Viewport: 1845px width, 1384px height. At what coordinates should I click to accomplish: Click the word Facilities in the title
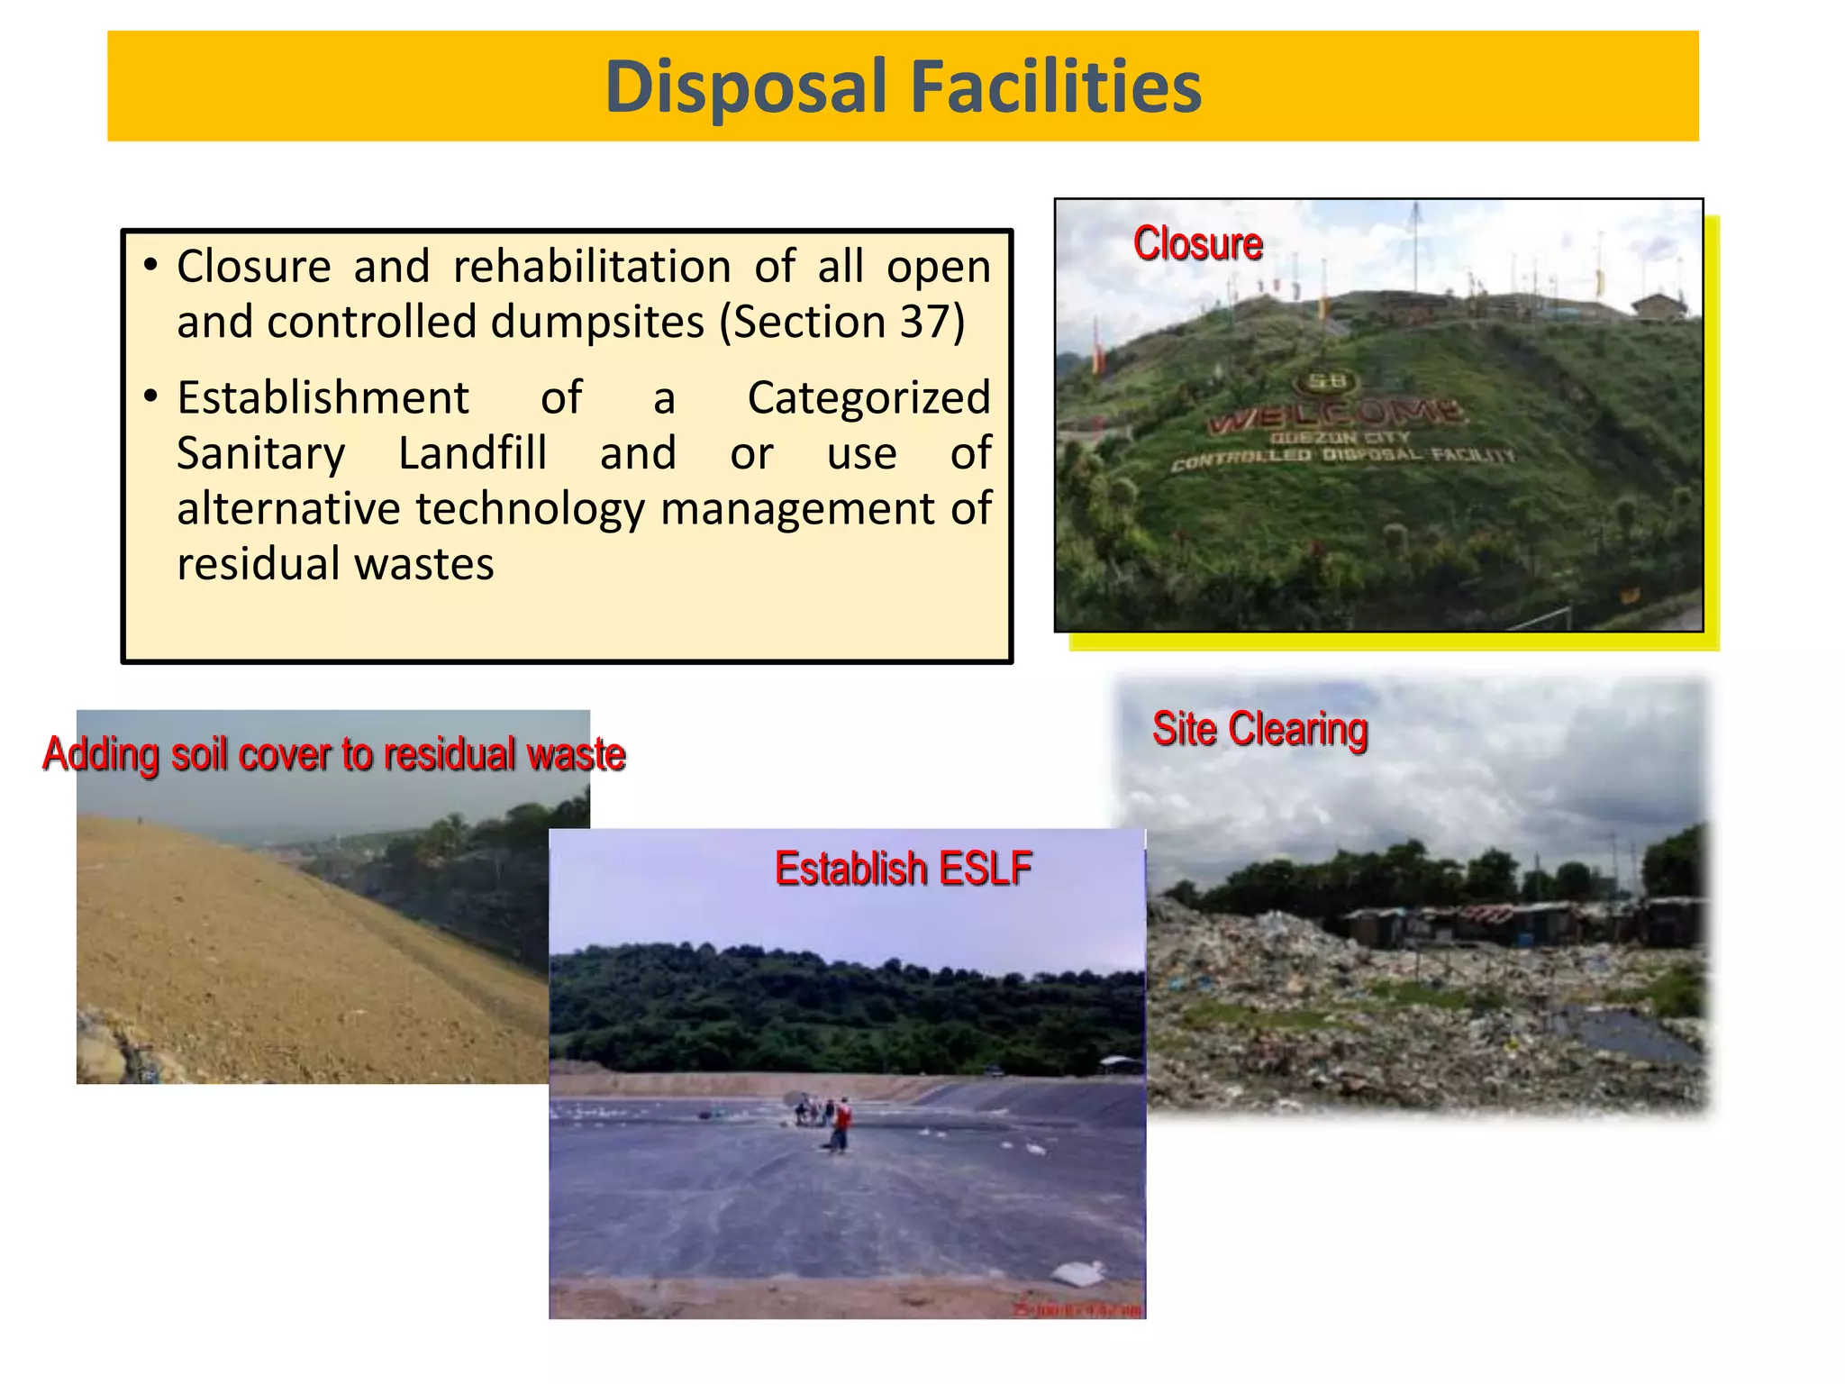coord(1055,87)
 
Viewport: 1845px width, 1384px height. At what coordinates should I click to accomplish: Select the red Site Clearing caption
coord(1259,729)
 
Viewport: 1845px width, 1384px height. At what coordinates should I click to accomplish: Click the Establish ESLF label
coord(903,869)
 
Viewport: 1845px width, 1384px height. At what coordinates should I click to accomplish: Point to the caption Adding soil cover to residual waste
coord(333,754)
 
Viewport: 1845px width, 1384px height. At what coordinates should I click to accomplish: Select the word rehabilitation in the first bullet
coord(591,267)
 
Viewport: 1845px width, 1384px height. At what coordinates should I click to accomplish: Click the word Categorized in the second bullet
coord(868,397)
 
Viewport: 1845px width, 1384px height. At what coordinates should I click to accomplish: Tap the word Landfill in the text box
coord(472,453)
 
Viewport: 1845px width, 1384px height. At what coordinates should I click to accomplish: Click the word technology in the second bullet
coord(531,509)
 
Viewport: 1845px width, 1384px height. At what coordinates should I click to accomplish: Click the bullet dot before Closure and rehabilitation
coord(150,266)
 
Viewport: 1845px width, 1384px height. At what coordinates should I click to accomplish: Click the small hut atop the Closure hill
coord(1658,305)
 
